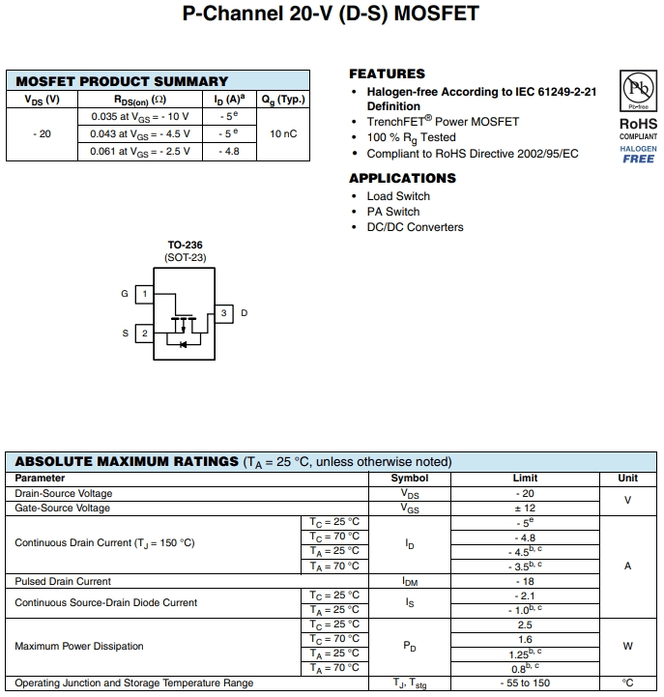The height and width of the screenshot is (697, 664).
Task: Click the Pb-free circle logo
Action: pyautogui.click(x=637, y=92)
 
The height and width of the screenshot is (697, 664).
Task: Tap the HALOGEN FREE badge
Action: pyautogui.click(x=638, y=155)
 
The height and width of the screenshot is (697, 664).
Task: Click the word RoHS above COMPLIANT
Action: pyautogui.click(x=638, y=124)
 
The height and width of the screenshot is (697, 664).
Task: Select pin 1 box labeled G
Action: pyautogui.click(x=143, y=293)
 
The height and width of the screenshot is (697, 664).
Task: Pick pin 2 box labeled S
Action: pyautogui.click(x=143, y=334)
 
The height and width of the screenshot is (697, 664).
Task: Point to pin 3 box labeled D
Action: pyautogui.click(x=223, y=313)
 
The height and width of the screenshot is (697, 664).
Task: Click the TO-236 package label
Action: pyautogui.click(x=185, y=246)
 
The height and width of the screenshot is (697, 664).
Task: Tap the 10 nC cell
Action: pyautogui.click(x=283, y=133)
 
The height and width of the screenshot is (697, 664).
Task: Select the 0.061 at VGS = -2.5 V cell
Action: pyautogui.click(x=140, y=151)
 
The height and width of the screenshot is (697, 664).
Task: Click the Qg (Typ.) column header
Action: pyautogui.click(x=283, y=99)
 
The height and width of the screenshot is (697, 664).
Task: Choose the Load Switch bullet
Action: pyautogui.click(x=398, y=196)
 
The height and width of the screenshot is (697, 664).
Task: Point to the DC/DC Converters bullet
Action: pyautogui.click(x=415, y=227)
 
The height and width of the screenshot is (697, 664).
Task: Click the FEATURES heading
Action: pyautogui.click(x=387, y=73)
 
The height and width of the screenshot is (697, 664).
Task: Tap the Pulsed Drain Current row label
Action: pyautogui.click(x=63, y=582)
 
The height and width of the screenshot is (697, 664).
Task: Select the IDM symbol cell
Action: pyautogui.click(x=409, y=582)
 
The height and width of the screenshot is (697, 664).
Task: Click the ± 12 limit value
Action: pyautogui.click(x=525, y=508)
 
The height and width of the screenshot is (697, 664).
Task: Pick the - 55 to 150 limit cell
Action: pyautogui.click(x=525, y=683)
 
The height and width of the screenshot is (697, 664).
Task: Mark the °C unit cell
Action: pyautogui.click(x=627, y=683)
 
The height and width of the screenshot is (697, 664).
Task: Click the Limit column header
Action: pyautogui.click(x=525, y=478)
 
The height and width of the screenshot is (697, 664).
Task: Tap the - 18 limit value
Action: pyautogui.click(x=525, y=582)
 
